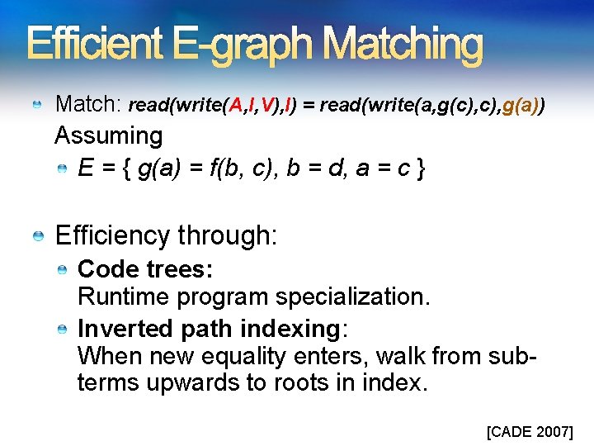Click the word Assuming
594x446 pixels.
[108, 135]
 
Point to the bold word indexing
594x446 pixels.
[290, 329]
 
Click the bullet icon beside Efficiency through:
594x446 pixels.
[38, 238]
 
